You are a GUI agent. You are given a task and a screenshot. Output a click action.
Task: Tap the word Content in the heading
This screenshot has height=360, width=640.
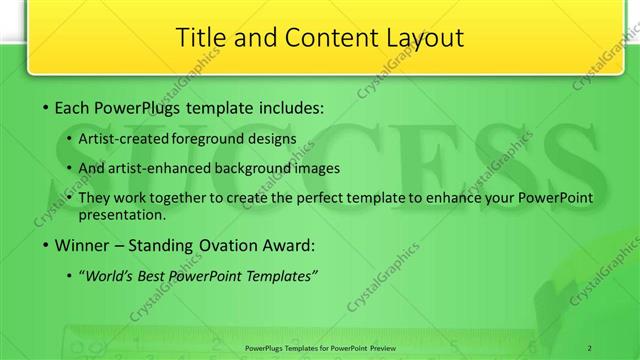click(x=314, y=38)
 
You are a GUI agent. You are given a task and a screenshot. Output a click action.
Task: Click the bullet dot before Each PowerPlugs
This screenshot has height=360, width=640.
click(x=47, y=107)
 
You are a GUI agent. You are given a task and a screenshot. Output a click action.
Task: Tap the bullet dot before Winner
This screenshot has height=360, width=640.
click(x=47, y=243)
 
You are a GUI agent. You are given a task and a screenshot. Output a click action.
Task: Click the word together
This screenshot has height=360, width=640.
click(x=174, y=199)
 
